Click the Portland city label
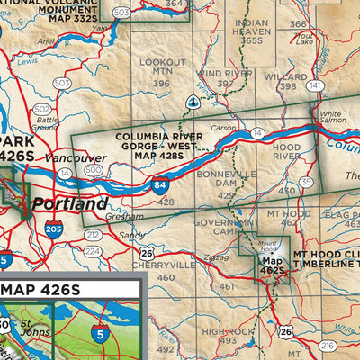(x=70, y=204)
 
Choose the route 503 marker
(x=62, y=83)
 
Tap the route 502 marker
(x=41, y=109)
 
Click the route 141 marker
(x=315, y=86)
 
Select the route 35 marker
(x=307, y=182)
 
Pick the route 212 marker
(x=93, y=235)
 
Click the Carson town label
(x=223, y=129)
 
